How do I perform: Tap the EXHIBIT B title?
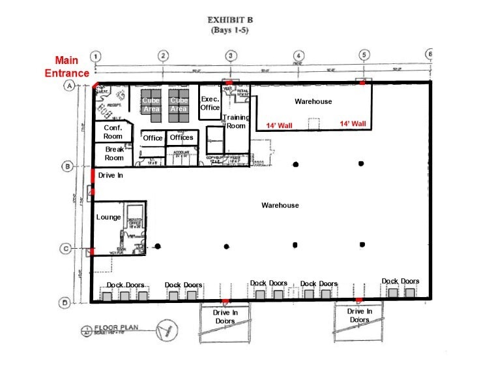tap(230, 20)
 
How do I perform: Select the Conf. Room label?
tap(113, 133)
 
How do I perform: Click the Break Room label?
tap(114, 153)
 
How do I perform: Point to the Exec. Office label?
tap(210, 103)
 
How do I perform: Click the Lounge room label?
tap(107, 217)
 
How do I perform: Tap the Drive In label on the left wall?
tap(111, 176)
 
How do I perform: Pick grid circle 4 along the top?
tap(298, 56)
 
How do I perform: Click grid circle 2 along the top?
tap(164, 56)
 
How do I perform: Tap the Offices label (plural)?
tap(181, 138)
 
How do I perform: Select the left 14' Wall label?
tap(279, 124)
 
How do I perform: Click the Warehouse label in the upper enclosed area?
tap(313, 101)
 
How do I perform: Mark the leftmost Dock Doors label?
tap(126, 285)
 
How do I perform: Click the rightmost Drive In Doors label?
tap(359, 315)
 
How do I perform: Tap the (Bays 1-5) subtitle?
tap(230, 30)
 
